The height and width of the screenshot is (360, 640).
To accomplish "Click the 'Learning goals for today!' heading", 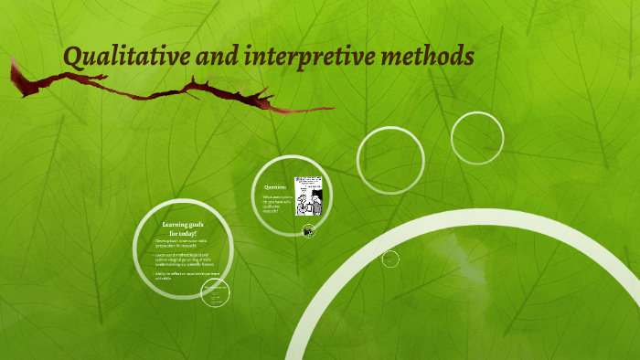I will point(183,228).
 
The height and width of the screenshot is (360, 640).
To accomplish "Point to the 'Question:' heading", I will point(275,187).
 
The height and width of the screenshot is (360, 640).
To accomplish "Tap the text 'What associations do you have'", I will point(276,202).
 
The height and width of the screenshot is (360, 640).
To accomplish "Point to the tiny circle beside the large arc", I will point(390,259).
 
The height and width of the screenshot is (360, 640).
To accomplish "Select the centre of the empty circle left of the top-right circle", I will point(391,161).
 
